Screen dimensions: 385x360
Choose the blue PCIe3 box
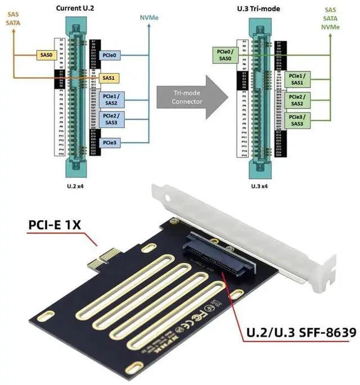pyautogui.click(x=110, y=143)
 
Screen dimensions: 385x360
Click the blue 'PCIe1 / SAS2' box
pyautogui.click(x=110, y=100)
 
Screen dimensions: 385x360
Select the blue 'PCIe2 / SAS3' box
pyautogui.click(x=110, y=119)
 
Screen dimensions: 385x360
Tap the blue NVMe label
pyautogui.click(x=148, y=17)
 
